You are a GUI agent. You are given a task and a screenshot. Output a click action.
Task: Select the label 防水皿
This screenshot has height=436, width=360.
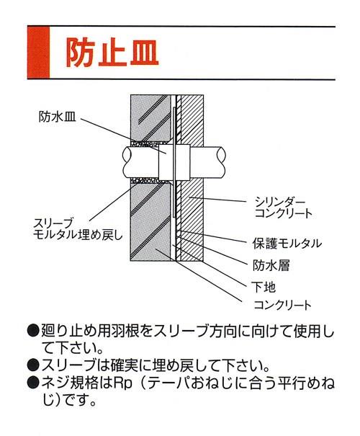(x=56, y=115)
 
